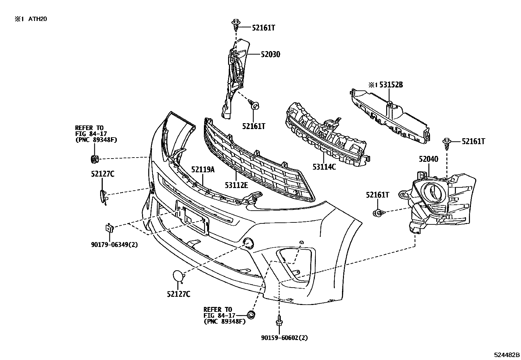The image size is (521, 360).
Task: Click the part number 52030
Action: (x=270, y=54)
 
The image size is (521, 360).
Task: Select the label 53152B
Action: (x=391, y=85)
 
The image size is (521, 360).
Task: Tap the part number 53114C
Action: (x=324, y=167)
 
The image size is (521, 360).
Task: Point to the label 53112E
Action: (x=236, y=185)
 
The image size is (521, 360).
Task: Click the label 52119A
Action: (x=203, y=170)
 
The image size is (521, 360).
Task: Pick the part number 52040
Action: (x=428, y=159)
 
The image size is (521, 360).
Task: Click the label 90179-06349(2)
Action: (x=114, y=244)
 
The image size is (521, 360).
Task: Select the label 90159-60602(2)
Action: (x=284, y=338)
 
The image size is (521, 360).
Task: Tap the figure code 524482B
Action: (x=507, y=355)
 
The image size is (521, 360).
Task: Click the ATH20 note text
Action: (x=38, y=19)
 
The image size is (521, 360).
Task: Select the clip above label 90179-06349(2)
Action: (x=109, y=228)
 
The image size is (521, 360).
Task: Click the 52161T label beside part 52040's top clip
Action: (x=473, y=141)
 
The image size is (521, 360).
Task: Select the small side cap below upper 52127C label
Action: (x=103, y=197)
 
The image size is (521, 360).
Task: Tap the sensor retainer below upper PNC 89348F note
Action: (x=95, y=159)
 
